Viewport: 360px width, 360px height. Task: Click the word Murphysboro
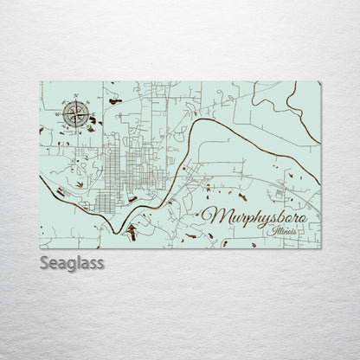click(260, 217)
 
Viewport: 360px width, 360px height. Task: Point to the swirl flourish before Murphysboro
click(203, 211)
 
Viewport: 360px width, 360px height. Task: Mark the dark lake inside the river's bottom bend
click(132, 231)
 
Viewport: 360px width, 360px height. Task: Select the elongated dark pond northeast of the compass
click(115, 101)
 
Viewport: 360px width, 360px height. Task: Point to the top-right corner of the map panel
click(320, 82)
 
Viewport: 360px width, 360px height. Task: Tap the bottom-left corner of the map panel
click(40, 248)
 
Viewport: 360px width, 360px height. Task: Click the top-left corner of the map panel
click(40, 82)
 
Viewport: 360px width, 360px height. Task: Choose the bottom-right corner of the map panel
click(320, 248)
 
